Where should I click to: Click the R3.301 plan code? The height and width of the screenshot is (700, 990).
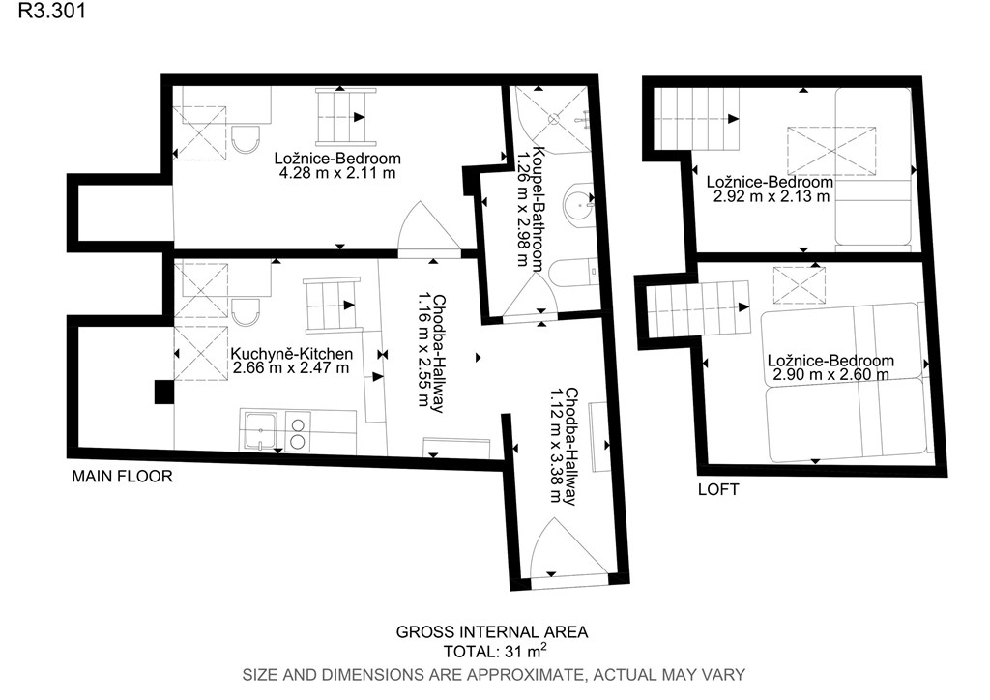[x=52, y=11]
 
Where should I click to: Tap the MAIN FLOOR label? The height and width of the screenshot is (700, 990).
[x=122, y=476]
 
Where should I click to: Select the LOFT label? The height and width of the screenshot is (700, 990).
[x=718, y=489]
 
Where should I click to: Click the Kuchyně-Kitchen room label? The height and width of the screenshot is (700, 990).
[x=291, y=354]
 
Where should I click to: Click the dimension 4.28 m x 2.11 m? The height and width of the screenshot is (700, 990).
[x=337, y=172]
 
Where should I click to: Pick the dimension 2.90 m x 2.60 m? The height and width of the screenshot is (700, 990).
[x=830, y=374]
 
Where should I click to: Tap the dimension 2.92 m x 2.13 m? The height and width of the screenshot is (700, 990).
[x=772, y=196]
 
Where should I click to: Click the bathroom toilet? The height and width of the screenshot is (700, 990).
[x=571, y=272]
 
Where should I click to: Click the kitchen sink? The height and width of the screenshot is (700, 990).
[x=261, y=431]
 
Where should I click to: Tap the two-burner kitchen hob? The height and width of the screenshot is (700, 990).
[x=298, y=431]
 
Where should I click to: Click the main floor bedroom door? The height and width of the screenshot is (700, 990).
[x=429, y=227]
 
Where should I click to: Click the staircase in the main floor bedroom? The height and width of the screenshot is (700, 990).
[x=345, y=117]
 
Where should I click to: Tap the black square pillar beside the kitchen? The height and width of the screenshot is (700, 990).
[x=164, y=392]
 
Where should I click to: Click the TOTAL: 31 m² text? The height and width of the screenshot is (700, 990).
[x=495, y=651]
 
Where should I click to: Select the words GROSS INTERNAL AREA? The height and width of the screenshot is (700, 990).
[x=492, y=631]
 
